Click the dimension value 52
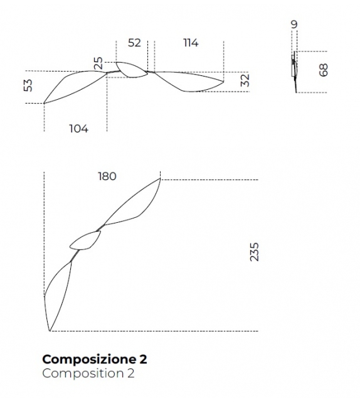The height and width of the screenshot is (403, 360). coord(134,43)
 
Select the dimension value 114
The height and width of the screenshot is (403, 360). coord(191,43)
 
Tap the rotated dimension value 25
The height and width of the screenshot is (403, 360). coord(98,63)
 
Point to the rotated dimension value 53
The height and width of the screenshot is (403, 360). coord(28,85)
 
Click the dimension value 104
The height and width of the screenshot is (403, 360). coord(78,129)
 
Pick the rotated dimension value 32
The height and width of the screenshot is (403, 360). coord(245,80)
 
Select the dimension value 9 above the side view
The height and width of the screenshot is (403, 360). coord(294,24)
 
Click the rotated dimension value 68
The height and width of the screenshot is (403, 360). coord(324,69)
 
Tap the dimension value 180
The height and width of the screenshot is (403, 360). coord(107,176)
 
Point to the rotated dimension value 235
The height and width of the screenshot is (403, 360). coord(254,252)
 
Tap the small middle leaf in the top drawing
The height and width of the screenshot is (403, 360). coord(132,70)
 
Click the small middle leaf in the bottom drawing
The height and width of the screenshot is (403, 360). coord(85,240)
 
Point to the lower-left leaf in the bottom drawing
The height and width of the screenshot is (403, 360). coord(57,292)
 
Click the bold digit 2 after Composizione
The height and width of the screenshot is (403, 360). coord(144,360)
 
